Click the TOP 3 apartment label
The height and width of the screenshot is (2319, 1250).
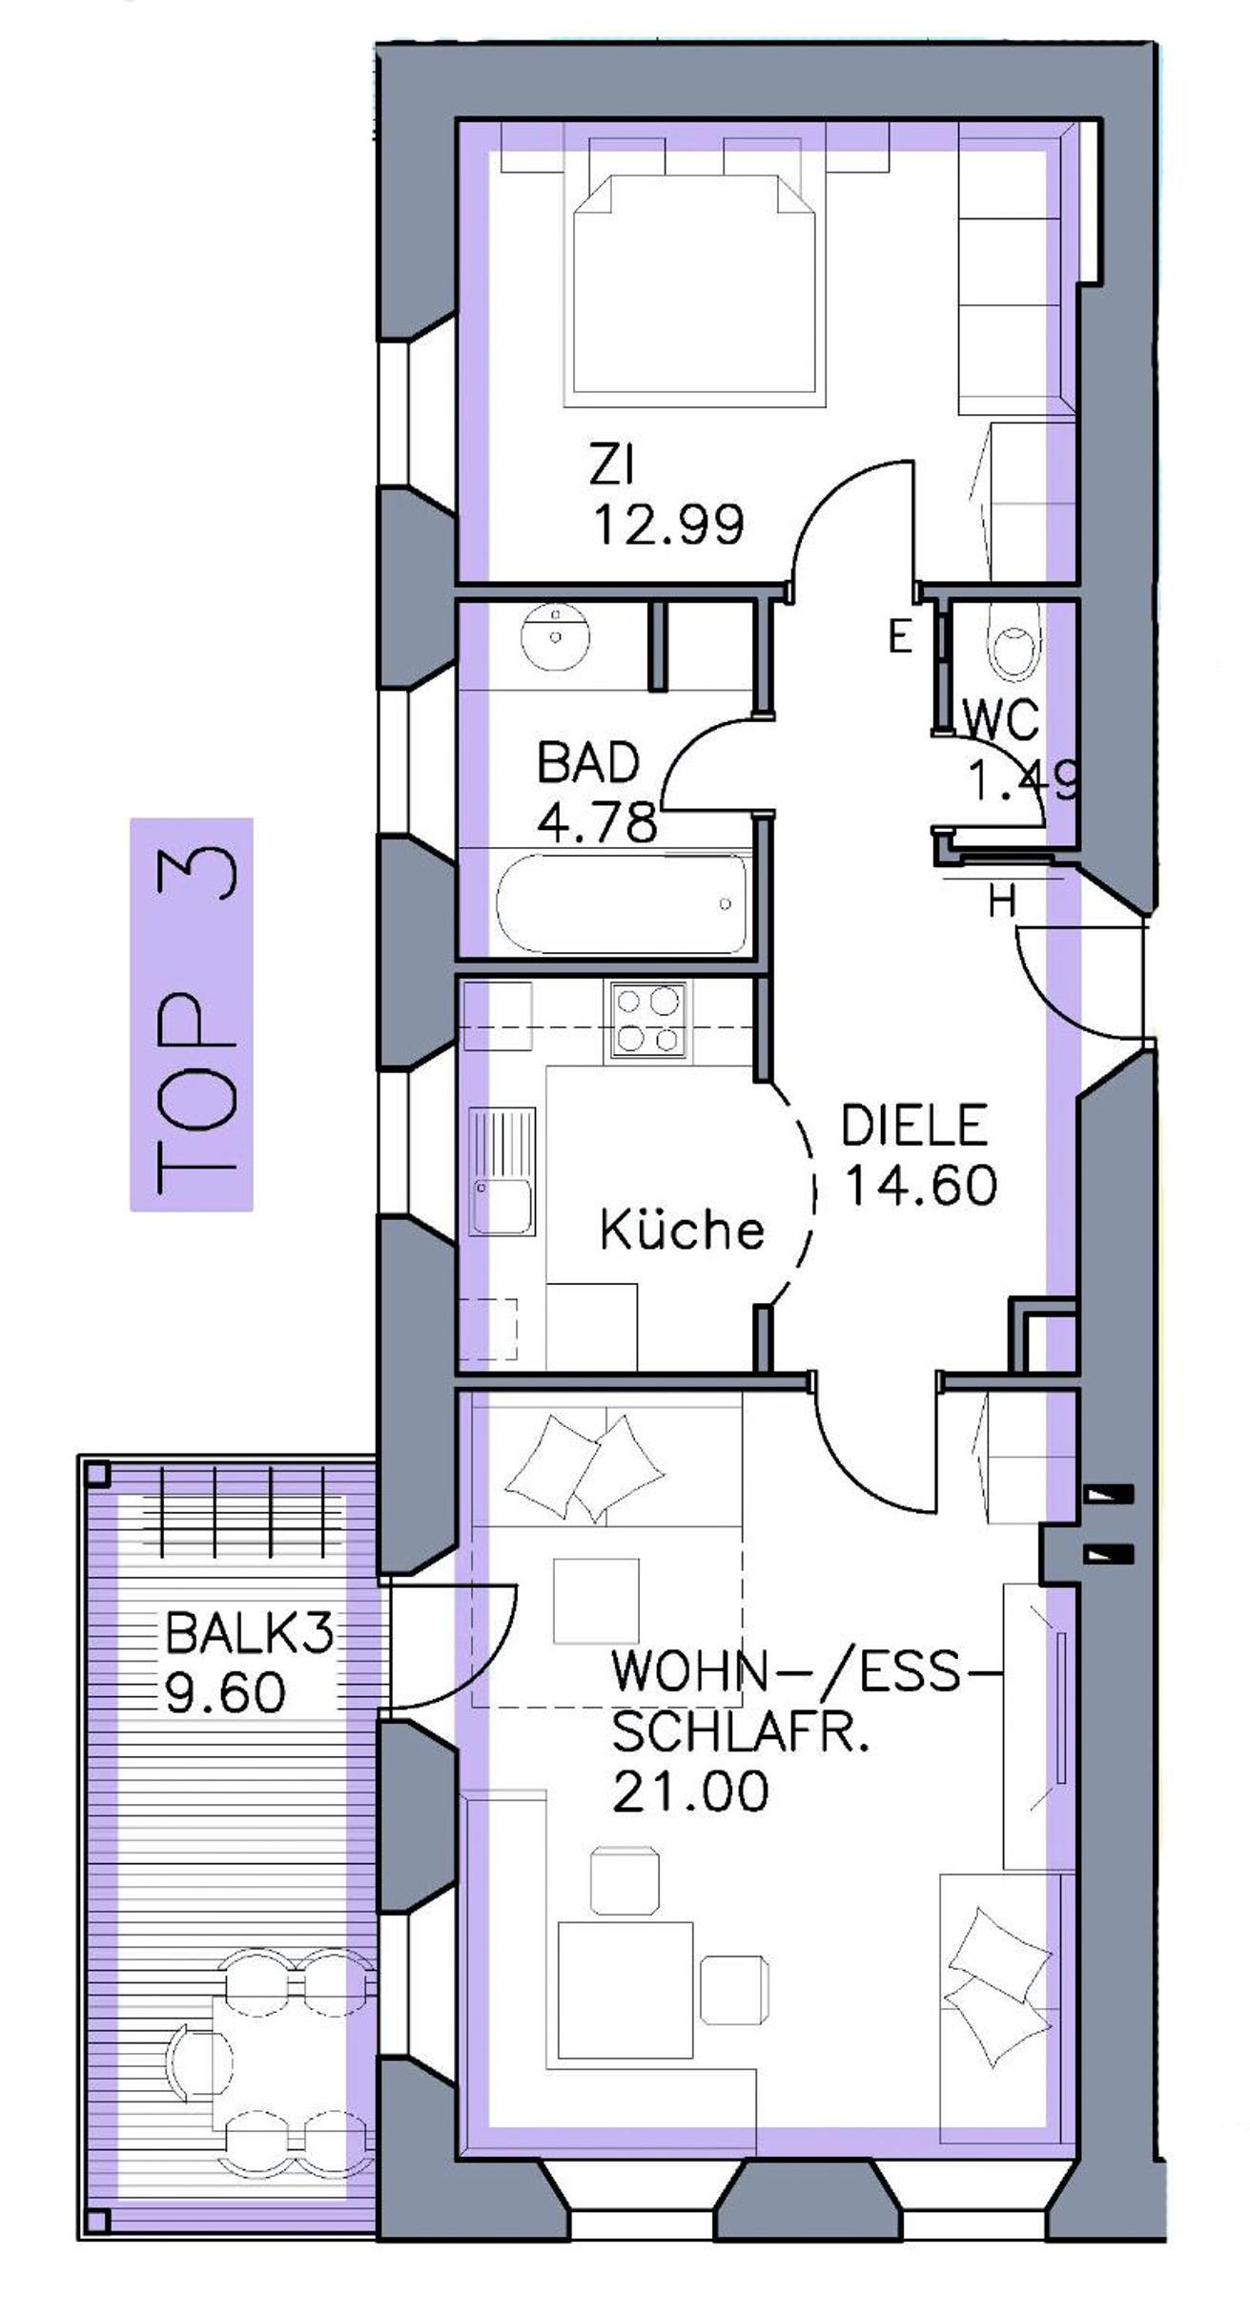(x=192, y=1014)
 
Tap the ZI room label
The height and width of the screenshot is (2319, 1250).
(x=611, y=466)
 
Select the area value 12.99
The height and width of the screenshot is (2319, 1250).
(x=668, y=524)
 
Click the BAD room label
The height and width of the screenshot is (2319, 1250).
(x=588, y=761)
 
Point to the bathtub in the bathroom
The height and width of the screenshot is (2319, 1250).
(x=621, y=903)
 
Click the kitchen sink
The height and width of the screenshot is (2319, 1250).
(x=502, y=1170)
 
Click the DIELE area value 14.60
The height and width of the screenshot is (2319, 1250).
(x=921, y=1185)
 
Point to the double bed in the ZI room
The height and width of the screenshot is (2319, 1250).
(x=693, y=284)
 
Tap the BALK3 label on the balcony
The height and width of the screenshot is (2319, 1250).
(x=249, y=1633)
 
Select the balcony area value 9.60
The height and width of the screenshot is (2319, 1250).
(x=225, y=1692)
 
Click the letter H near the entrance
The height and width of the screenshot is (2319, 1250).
(x=1002, y=901)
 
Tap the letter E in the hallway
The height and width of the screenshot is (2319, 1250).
(x=900, y=636)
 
